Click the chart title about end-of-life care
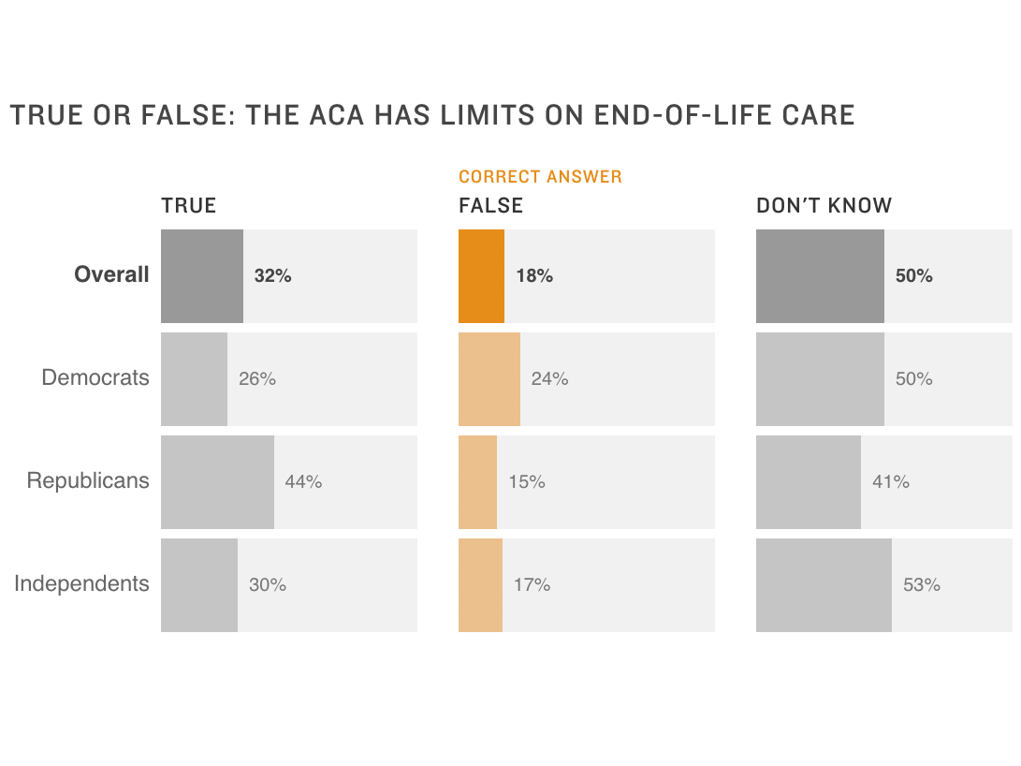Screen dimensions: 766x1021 coord(431,115)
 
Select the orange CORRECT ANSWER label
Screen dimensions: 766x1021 coord(540,177)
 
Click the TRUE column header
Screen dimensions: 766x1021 coord(188,206)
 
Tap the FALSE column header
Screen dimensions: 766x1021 coord(490,206)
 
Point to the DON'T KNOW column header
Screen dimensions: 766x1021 coord(824,206)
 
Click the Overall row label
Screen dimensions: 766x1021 coord(111,275)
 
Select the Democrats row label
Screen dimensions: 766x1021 coord(95,378)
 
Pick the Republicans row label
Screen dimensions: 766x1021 coord(88,481)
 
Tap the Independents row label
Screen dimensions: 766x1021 coord(81,584)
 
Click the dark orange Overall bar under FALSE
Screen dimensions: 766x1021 coord(481,276)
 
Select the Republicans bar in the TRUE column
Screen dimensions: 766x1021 coord(217,482)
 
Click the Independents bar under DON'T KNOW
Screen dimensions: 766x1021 coord(824,585)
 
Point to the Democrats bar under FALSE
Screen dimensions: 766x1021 coord(489,379)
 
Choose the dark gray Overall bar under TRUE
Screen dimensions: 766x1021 coord(202,276)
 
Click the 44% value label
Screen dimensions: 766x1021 coord(303,482)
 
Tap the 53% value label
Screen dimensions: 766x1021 coord(921,585)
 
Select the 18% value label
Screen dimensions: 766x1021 coord(534,276)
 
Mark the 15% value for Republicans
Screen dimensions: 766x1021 coord(527,482)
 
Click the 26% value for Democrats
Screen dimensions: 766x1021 coord(257,379)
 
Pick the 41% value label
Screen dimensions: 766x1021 coord(890,482)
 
